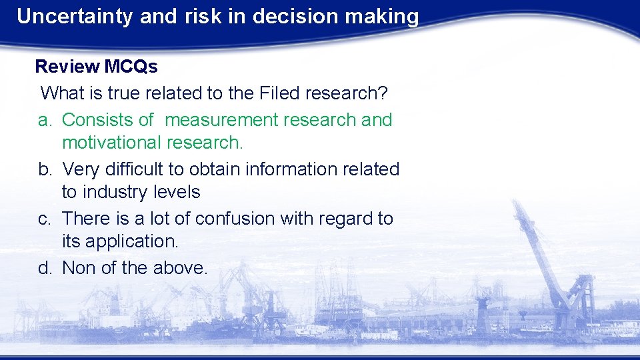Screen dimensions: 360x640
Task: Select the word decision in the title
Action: (x=289, y=17)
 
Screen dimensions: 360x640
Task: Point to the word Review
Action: (x=67, y=67)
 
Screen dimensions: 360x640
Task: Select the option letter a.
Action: (x=45, y=120)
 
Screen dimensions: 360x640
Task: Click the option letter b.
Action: (x=45, y=169)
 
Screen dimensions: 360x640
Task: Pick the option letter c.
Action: (x=45, y=219)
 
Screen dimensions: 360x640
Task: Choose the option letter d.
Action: (x=45, y=268)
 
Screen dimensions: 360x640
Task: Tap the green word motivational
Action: (x=111, y=143)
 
